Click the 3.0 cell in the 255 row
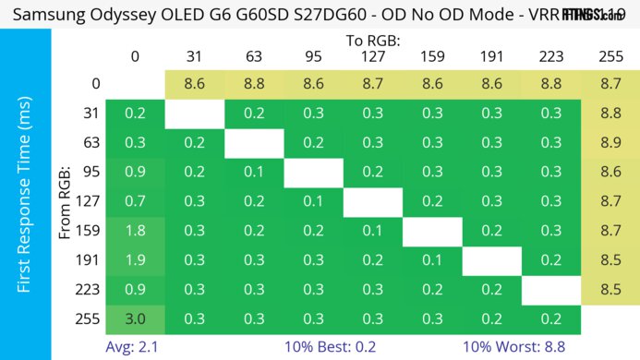coord(136,318)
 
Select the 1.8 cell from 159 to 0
coord(136,230)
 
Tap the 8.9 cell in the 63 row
coord(610,141)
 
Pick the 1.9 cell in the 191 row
coord(136,259)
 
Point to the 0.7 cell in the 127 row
coord(136,200)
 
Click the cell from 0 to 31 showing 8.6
coord(195,83)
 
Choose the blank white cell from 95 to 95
coord(313,171)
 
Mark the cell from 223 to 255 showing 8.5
coord(610,289)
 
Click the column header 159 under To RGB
coord(431,57)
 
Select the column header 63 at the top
coord(254,57)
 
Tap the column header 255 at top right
coord(610,57)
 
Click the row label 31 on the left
coord(89,113)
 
